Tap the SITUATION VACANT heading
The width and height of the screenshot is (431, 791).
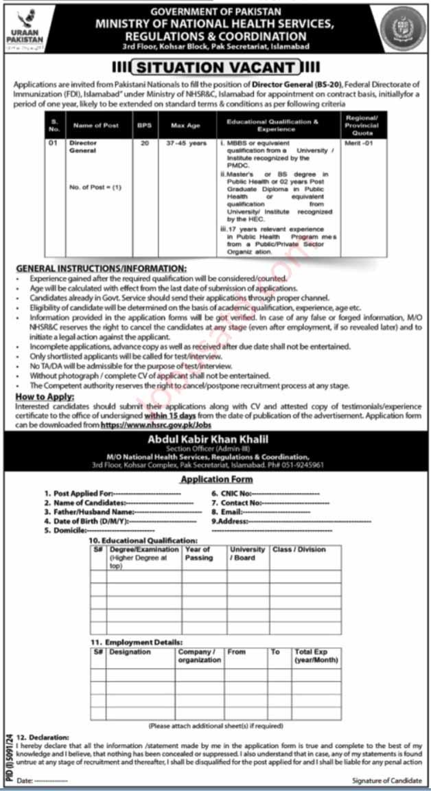click(x=215, y=67)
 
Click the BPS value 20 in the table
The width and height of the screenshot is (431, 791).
click(x=144, y=144)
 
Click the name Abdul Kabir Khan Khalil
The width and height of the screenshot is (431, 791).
click(x=215, y=439)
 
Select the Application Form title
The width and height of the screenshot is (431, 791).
click(x=215, y=479)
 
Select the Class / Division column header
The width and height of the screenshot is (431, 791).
click(x=299, y=550)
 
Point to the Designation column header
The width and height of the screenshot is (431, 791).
click(x=130, y=652)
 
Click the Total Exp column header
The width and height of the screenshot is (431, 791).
click(x=316, y=656)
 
